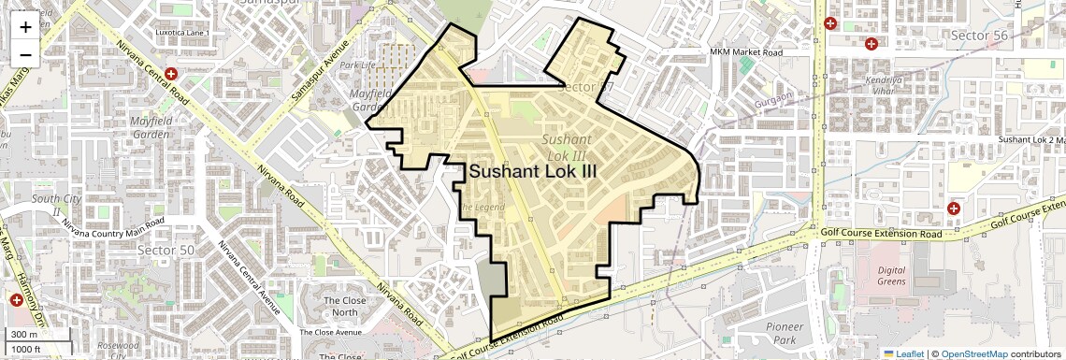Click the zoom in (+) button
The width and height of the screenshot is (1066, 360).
click(x=25, y=26)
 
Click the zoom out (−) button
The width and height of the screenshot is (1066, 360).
click(x=25, y=54)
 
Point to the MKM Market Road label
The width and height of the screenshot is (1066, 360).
click(x=745, y=52)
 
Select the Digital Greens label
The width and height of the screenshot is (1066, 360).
click(x=899, y=277)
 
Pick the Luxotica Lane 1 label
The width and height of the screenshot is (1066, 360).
click(x=184, y=34)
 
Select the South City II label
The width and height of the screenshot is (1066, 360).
click(x=45, y=205)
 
